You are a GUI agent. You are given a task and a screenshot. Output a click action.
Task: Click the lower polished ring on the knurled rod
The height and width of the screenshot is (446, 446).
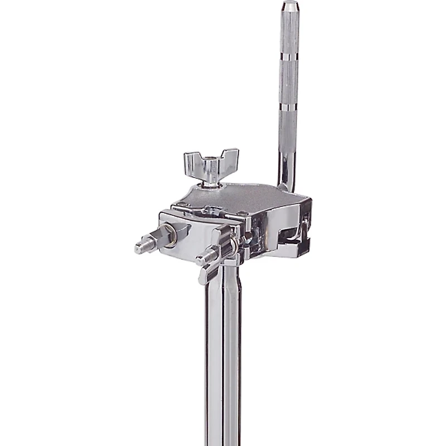tap(289, 106)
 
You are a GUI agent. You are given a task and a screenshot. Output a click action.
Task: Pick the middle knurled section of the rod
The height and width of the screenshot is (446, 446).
tap(289, 81)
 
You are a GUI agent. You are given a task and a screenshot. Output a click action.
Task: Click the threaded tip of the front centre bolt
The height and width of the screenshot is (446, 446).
tap(201, 258)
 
